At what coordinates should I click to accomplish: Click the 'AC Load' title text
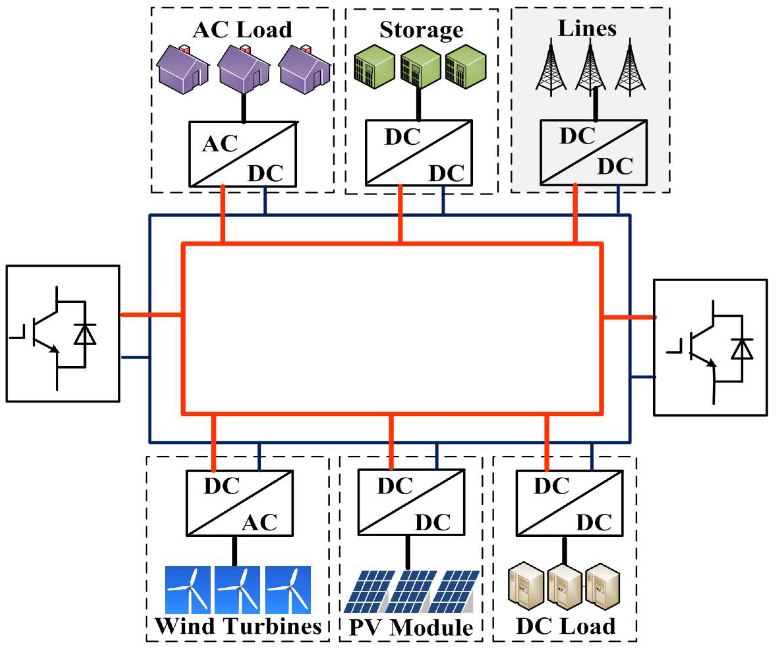point(242,30)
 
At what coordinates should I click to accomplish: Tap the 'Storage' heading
point(421,30)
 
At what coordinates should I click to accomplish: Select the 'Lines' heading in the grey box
point(587,28)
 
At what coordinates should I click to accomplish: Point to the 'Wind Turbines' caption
point(238,626)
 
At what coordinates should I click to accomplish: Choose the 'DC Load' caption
point(565,626)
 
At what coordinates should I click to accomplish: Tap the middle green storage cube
point(420,67)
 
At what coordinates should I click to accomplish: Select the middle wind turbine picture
point(237,590)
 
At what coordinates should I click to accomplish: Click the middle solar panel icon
point(411,592)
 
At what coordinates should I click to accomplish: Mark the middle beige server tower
point(564,587)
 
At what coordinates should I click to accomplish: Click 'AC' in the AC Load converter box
point(219,144)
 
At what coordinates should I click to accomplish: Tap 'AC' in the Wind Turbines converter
point(259,522)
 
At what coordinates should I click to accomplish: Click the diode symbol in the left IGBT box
point(85,334)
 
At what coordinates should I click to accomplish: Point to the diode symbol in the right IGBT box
point(742,349)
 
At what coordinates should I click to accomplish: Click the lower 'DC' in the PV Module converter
point(433,522)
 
